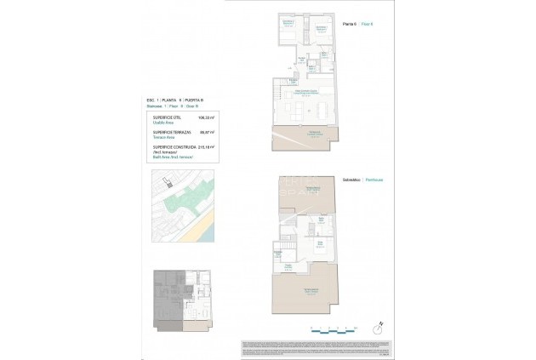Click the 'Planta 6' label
(x=347, y=23)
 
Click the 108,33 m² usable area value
(x=204, y=118)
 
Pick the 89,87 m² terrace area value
(x=204, y=133)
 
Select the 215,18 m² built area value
(x=204, y=146)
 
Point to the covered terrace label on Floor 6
(x=314, y=133)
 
